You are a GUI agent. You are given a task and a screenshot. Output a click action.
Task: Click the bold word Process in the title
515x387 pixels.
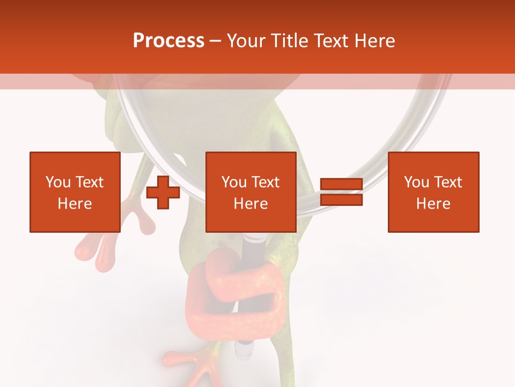168,41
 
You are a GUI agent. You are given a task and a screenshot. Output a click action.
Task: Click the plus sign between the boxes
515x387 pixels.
163,192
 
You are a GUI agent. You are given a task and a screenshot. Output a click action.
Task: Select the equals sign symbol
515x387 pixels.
341,192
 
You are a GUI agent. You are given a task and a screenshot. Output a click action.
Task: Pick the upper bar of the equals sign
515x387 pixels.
341,184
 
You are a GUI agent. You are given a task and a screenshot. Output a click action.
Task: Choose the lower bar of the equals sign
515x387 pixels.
341,199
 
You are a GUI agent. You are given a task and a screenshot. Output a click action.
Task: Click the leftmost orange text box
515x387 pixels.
75,192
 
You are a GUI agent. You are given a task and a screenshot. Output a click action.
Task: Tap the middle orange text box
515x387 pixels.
251,192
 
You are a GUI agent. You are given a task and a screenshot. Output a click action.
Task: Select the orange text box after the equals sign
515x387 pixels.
433,192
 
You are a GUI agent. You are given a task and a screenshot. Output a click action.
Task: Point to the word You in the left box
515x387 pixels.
58,182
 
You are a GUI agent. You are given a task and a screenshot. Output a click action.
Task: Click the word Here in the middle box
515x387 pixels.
251,204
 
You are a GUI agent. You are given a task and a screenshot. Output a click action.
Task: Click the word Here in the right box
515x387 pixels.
433,204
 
